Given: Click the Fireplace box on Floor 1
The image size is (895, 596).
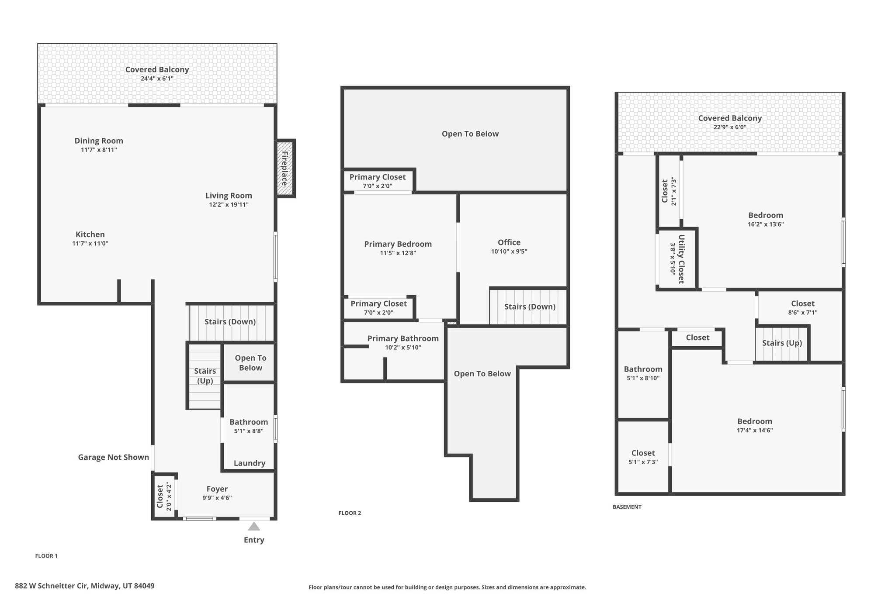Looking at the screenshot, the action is point(286,169).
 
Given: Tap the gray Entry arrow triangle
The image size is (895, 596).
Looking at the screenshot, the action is point(254,526).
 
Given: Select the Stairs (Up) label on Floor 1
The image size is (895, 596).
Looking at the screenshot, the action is point(205,376).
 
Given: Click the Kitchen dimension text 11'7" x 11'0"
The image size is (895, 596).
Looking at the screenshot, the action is point(90,244).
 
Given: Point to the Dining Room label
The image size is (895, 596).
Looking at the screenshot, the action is point(99,141).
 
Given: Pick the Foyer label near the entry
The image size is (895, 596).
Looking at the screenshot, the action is point(217,489).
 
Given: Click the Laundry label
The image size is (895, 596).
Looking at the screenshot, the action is point(250,463).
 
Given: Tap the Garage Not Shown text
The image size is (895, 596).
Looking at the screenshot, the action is point(114,457).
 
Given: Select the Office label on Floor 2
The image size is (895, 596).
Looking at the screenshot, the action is point(509,242).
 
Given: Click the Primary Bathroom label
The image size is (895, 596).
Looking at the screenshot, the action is point(403,338).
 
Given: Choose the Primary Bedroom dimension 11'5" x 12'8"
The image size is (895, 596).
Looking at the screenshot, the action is point(398,253).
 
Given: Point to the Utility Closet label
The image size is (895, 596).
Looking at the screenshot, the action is point(681,259).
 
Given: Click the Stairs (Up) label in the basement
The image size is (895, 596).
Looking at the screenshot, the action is point(782,343).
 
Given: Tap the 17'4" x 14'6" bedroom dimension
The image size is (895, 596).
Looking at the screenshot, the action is point(755,430).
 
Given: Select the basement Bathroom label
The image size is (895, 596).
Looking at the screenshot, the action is point(643,369).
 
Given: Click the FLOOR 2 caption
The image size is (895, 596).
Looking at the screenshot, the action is point(350,513).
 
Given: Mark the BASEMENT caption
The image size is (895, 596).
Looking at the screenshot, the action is point(627,507).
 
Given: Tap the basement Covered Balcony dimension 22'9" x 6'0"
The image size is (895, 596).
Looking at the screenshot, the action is point(730,127).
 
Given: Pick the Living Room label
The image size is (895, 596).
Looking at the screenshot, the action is point(229,196).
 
